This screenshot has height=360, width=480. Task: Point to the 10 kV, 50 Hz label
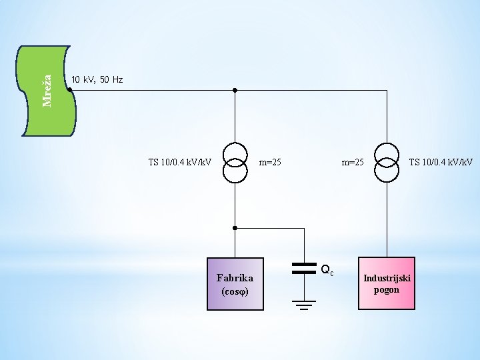point(97,80)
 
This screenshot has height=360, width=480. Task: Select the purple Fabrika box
point(235,284)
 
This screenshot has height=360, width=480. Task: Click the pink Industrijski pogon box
point(387,283)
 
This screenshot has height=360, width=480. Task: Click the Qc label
point(327,270)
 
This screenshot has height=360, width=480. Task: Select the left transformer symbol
point(235,162)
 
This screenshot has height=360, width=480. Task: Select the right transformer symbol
point(387,162)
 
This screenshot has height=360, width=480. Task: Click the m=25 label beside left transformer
point(270,162)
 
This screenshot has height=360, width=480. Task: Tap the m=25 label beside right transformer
point(353,162)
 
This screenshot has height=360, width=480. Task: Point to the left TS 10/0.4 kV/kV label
point(180,162)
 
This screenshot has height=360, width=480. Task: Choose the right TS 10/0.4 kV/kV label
point(441,162)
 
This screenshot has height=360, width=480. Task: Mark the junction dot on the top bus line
point(235,90)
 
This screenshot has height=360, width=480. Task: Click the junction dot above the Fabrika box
point(235,228)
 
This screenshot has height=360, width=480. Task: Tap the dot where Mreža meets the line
point(70,90)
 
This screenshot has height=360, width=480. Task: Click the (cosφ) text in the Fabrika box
point(235,292)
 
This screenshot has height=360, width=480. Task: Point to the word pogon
point(387,289)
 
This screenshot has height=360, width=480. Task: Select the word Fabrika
point(235,277)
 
